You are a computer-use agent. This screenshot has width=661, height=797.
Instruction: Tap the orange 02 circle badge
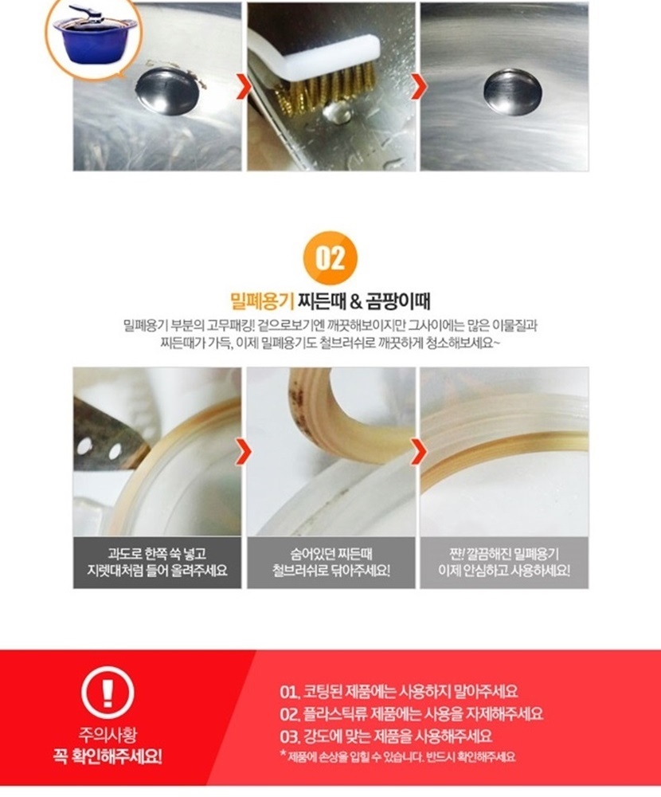tap(330, 258)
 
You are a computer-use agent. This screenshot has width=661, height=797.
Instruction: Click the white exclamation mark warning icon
tap(108, 692)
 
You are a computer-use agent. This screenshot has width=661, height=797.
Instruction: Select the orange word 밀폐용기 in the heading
tap(262, 301)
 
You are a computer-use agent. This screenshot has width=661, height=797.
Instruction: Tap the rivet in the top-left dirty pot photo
tap(166, 91)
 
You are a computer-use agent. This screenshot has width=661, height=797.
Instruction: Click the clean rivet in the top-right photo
tap(512, 92)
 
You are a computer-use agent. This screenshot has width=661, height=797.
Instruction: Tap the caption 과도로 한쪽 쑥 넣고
tap(157, 553)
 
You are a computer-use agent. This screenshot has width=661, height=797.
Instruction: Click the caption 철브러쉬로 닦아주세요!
tap(331, 571)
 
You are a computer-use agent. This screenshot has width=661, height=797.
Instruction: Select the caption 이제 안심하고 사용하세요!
tap(504, 571)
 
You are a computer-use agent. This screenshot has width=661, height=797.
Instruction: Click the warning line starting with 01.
tap(399, 691)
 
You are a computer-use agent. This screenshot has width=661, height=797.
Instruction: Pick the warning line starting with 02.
tap(412, 713)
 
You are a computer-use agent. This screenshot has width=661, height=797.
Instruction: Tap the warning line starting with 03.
tap(386, 736)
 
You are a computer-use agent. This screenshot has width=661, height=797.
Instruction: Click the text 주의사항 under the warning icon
tap(108, 735)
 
